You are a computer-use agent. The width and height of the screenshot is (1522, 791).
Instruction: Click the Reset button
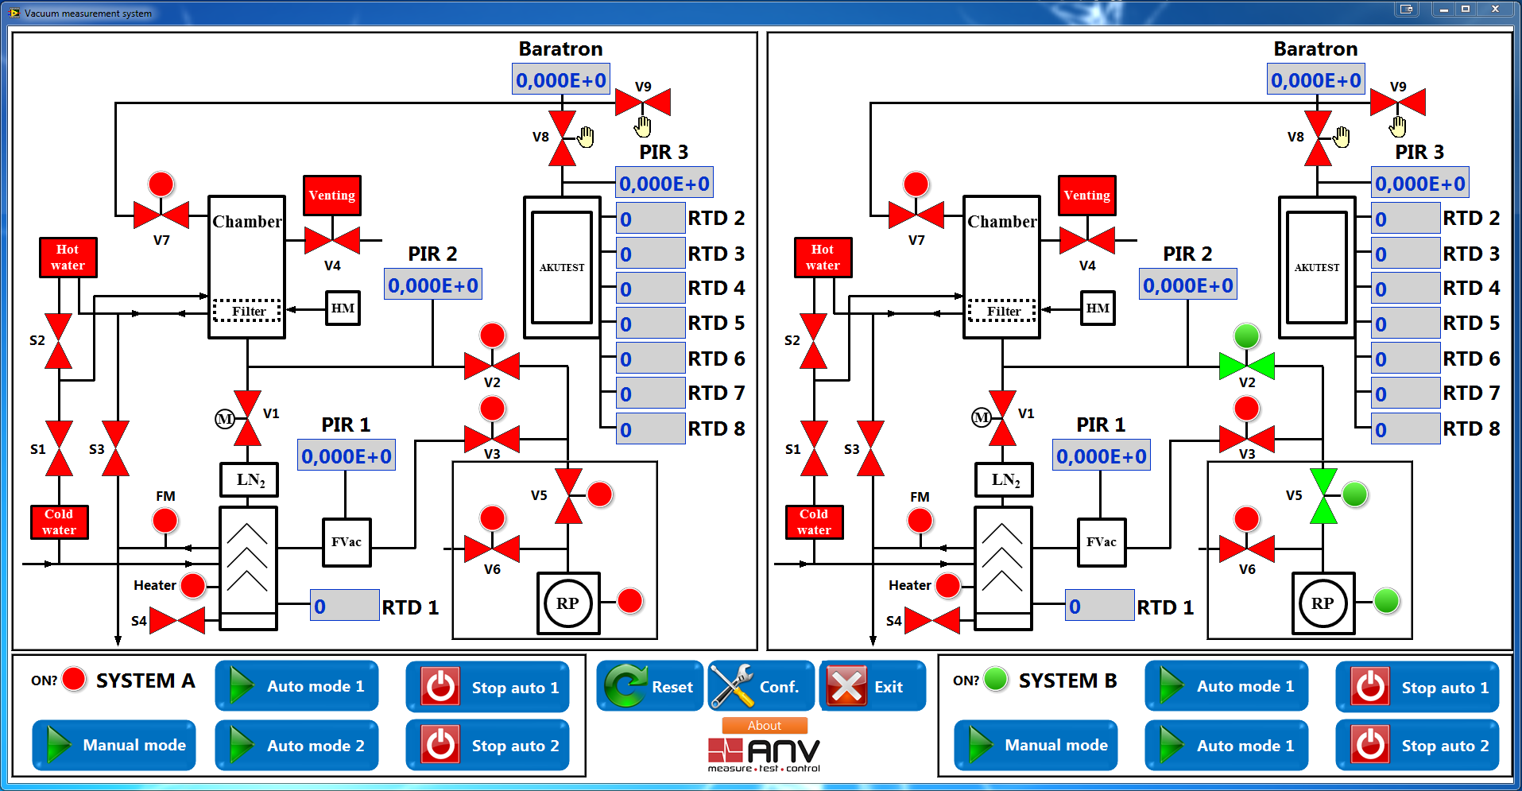coord(650,686)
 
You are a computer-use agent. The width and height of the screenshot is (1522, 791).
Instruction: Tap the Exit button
coord(872,686)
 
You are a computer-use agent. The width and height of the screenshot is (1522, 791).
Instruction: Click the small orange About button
coord(764,725)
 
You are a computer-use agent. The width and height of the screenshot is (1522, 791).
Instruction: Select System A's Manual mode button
coord(114,745)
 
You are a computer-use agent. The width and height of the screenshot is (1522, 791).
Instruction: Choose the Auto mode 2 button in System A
coord(296,745)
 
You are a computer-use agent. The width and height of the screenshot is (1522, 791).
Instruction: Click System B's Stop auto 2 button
coord(1417,745)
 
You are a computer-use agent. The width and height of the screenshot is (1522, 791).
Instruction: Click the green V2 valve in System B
coord(1246,366)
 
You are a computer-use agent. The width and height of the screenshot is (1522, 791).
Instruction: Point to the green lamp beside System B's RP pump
coord(1386,601)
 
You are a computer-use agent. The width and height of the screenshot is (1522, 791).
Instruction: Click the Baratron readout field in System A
coord(561,79)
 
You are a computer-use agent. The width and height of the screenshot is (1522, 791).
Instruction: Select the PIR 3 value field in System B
coord(1419,184)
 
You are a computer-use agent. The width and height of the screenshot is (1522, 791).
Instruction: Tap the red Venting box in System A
coord(332,196)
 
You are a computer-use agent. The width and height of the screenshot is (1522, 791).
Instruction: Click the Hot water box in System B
coord(823,258)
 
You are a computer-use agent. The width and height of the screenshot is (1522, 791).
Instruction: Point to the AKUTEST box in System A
coord(562,267)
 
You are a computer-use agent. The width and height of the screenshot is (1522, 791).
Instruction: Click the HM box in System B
coord(1098,308)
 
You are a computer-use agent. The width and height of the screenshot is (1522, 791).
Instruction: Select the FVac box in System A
coord(347,542)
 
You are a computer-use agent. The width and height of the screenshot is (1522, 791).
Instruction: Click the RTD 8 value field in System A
coord(651,428)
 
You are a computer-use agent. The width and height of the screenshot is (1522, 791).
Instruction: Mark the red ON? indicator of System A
coord(74,679)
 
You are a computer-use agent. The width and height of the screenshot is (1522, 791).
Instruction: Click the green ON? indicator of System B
coord(995,679)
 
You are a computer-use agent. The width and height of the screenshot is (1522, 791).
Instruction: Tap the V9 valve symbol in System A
coord(643,103)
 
